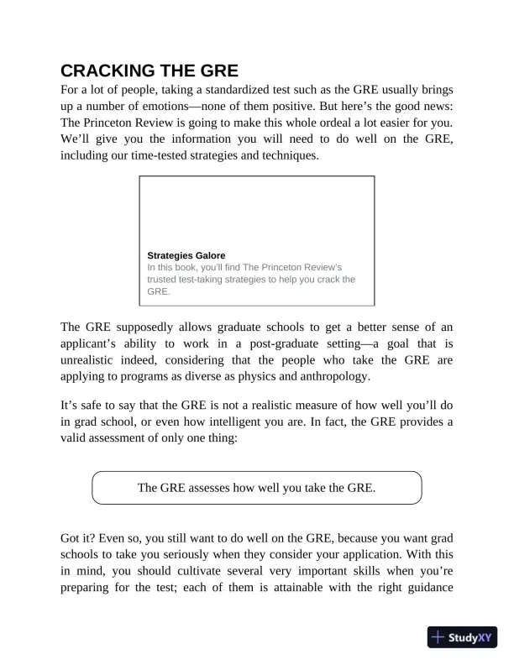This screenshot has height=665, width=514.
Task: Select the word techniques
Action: click(286, 155)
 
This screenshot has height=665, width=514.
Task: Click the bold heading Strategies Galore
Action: click(186, 255)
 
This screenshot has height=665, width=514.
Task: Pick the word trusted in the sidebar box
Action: click(166, 279)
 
